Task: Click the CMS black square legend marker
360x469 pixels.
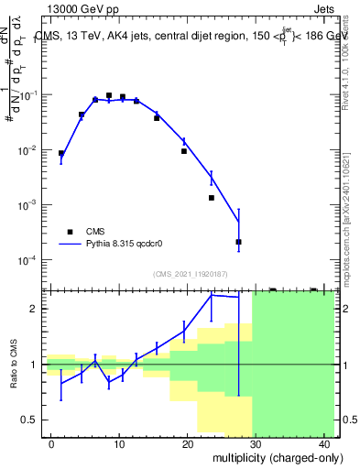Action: (x=70, y=232)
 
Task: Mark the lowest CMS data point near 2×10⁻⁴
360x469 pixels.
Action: (x=238, y=242)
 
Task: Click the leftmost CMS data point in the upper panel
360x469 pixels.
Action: (x=61, y=154)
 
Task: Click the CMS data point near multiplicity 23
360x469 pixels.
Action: (x=211, y=198)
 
